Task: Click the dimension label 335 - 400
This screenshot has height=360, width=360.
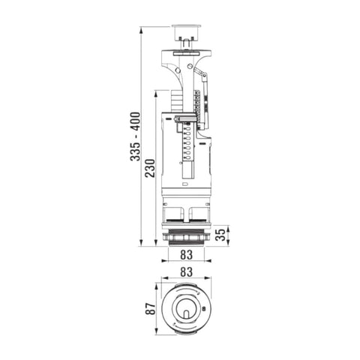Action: coord(136,136)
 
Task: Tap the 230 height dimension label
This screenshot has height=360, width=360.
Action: coord(151,168)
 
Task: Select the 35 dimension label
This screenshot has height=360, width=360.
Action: coord(220,235)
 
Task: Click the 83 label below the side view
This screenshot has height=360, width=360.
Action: coord(187,255)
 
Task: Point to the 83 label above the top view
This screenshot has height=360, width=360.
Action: coord(187,271)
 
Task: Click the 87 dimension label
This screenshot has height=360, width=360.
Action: coord(151,308)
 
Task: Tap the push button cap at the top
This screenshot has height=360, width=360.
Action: coord(187,32)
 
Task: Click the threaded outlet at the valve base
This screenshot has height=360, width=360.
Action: coord(187,239)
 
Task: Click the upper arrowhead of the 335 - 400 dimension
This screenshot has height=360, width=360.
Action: coord(141,31)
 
